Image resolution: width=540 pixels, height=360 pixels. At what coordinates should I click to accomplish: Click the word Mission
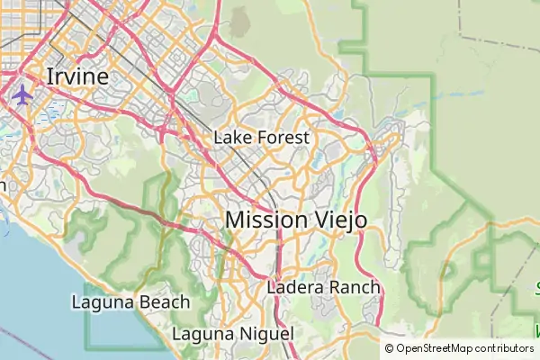click(x=268, y=219)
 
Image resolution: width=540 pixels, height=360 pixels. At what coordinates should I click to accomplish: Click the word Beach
click(x=166, y=302)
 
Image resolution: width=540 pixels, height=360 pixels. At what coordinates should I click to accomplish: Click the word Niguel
click(x=266, y=334)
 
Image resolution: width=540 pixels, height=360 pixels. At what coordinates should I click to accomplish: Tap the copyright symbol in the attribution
click(x=390, y=348)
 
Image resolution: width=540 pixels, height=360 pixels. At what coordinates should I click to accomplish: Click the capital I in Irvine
click(x=49, y=76)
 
